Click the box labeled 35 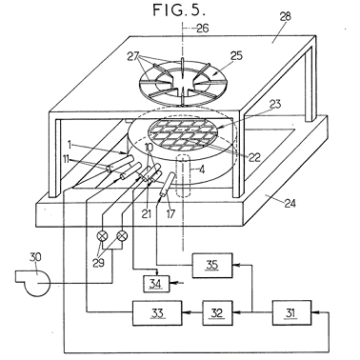(x=212, y=266)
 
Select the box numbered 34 (x=156, y=283)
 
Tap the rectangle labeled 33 (x=157, y=313)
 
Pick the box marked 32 (x=217, y=313)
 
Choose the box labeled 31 (x=291, y=312)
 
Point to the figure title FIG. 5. (x=180, y=10)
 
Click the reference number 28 (x=285, y=16)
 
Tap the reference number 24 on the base (x=290, y=203)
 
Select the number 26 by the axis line (x=202, y=29)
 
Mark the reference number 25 (x=235, y=56)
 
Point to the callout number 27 (x=133, y=57)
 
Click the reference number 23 (x=274, y=104)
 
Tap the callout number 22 (x=255, y=157)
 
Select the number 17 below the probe (x=170, y=213)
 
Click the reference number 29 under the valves (x=99, y=263)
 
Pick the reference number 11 (x=66, y=159)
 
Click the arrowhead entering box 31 (x=314, y=312)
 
